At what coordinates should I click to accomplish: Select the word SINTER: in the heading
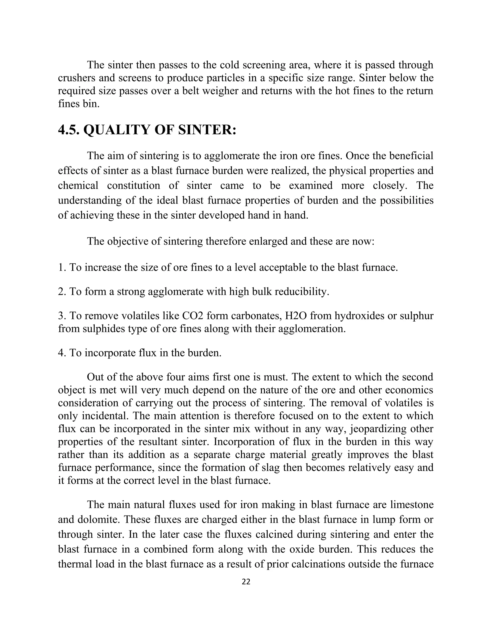(x=207, y=130)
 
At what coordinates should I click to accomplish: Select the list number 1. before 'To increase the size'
(x=62, y=267)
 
